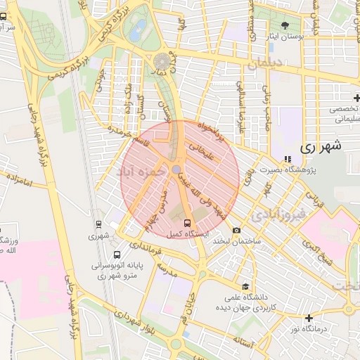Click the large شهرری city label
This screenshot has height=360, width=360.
[x=320, y=148]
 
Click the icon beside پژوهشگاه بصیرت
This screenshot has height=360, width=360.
[x=287, y=158]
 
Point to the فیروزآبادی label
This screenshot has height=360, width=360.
[x=279, y=212]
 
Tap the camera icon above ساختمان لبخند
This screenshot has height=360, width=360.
[x=237, y=231]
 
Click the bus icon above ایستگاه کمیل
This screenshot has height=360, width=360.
[x=176, y=222]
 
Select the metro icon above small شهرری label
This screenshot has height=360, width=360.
[x=98, y=225]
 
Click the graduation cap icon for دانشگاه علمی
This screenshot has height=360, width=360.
[x=245, y=286]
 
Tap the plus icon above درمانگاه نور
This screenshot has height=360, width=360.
[x=308, y=318]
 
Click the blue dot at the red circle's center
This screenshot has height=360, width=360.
[x=176, y=169]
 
